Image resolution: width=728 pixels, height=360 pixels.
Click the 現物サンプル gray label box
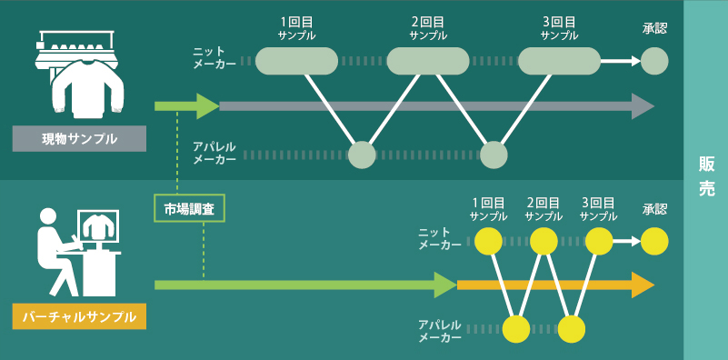click(x=79, y=138)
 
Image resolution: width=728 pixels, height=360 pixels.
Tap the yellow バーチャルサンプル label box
click(x=79, y=316)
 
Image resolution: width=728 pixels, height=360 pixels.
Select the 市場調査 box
click(x=189, y=208)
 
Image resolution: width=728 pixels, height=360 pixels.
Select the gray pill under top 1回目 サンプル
click(x=296, y=61)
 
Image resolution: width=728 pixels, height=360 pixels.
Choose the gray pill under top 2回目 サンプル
click(x=427, y=61)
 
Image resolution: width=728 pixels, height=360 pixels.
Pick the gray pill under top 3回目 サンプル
click(x=559, y=61)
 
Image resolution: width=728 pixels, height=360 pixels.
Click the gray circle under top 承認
click(x=654, y=61)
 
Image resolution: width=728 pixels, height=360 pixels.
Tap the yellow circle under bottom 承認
click(x=654, y=242)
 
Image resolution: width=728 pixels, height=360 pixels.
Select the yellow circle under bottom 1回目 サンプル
click(x=489, y=242)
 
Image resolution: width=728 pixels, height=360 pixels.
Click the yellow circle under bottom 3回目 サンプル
click(x=598, y=242)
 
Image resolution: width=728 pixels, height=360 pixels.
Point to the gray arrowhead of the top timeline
click(x=643, y=106)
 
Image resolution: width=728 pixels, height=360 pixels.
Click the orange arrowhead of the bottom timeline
click(x=643, y=285)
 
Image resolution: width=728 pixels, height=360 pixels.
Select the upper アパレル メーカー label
click(x=214, y=152)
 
